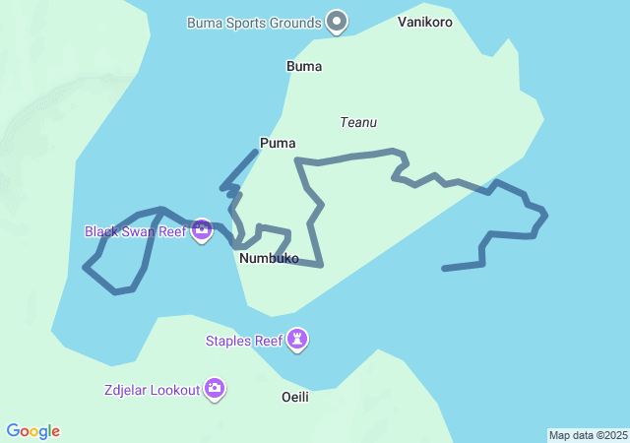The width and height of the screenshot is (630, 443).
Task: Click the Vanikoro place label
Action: (425, 22)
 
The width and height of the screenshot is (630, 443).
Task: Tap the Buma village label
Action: (303, 66)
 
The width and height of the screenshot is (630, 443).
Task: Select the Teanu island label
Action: (358, 122)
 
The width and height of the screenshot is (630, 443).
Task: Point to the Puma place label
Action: (278, 143)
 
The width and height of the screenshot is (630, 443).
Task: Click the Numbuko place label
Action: (269, 258)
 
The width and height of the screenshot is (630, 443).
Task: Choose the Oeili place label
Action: (294, 396)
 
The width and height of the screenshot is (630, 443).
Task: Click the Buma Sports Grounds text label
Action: (254, 22)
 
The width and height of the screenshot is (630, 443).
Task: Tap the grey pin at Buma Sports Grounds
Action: (337, 20)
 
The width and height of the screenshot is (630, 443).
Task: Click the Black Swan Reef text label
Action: (135, 231)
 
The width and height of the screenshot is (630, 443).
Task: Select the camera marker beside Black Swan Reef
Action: (202, 230)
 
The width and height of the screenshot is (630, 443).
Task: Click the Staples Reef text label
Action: (243, 341)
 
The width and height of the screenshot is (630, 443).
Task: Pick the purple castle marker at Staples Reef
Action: (297, 340)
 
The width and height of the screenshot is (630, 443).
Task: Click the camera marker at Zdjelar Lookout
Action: (214, 389)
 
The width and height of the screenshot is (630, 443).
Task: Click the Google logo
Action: (33, 431)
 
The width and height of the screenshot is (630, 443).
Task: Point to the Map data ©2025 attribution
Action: (588, 435)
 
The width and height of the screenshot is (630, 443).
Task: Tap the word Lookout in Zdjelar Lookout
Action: (171, 389)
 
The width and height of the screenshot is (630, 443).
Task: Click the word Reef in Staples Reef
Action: (267, 341)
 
